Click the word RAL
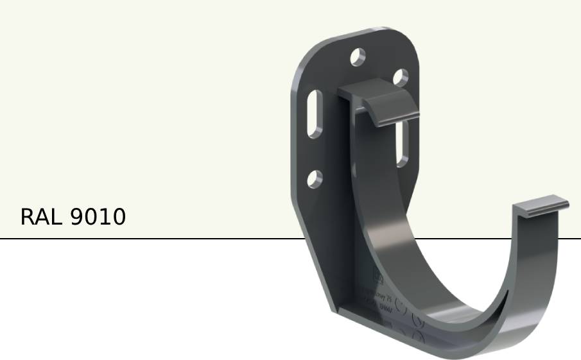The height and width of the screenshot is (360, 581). [x=41, y=217]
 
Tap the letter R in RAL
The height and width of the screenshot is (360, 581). [x=28, y=217]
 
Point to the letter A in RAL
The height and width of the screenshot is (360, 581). [x=42, y=217]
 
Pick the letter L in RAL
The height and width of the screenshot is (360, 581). [x=55, y=217]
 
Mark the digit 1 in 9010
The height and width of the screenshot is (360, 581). [x=104, y=217]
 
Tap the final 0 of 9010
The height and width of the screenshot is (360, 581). [x=118, y=217]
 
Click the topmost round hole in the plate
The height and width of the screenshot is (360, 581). [x=358, y=58]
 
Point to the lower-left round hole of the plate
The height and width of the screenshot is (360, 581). [x=313, y=179]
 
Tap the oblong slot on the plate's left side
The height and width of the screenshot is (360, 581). [x=315, y=114]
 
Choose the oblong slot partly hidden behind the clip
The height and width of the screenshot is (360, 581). [x=403, y=144]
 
